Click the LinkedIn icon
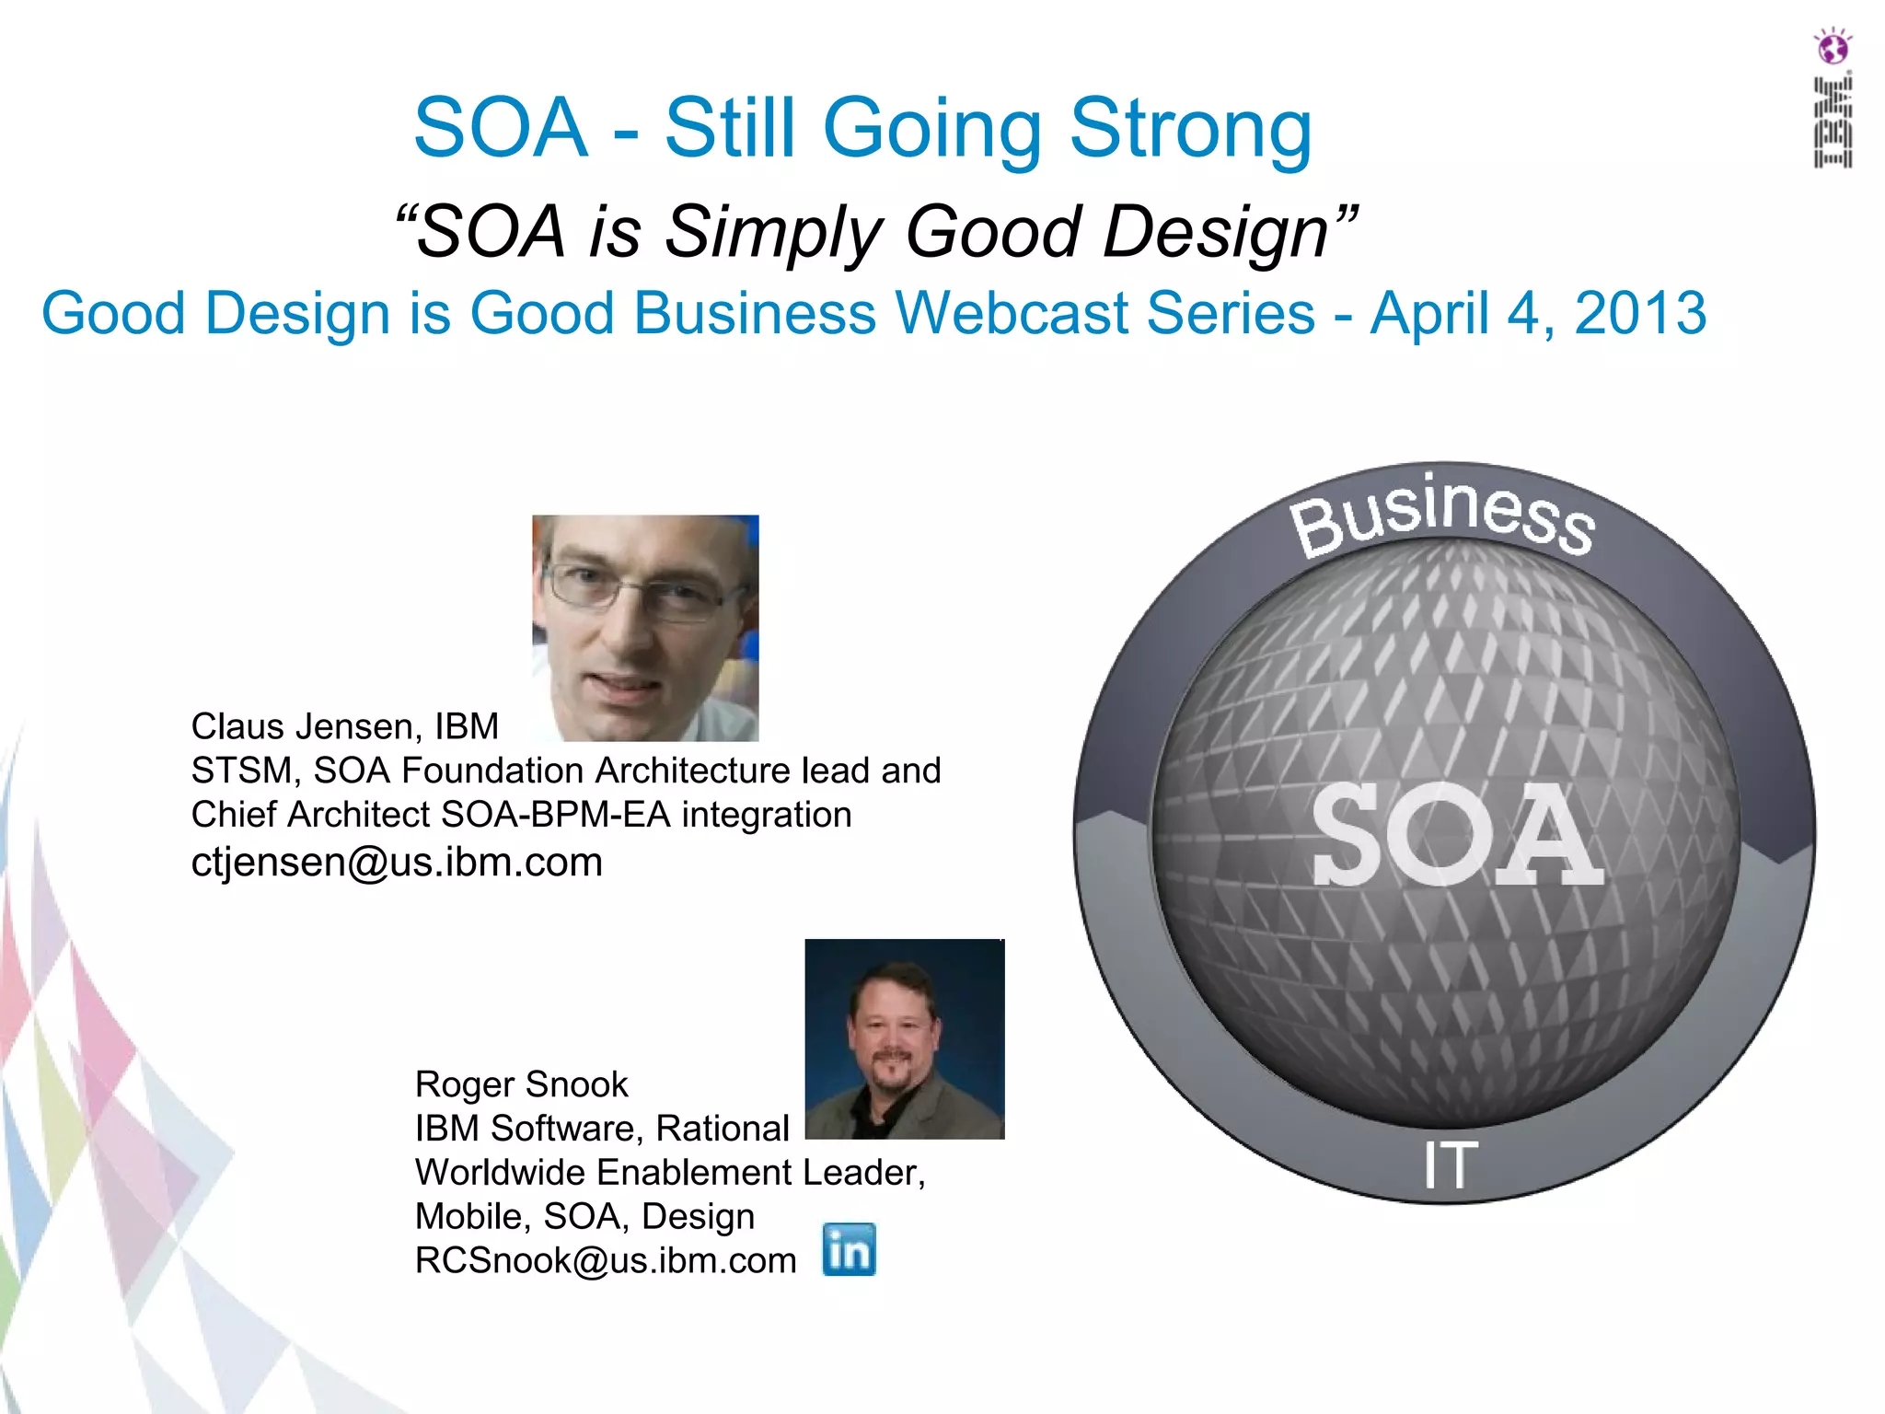tap(849, 1249)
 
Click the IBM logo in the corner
tap(1833, 122)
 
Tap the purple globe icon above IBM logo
tap(1833, 46)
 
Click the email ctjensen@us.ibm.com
tap(397, 863)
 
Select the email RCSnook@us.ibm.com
tap(606, 1260)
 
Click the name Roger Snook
tap(521, 1084)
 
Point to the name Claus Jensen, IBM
tap(344, 726)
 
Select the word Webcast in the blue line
tap(1012, 313)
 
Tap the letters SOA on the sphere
tap(1457, 836)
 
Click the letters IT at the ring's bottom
tap(1451, 1165)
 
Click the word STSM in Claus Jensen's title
tap(244, 771)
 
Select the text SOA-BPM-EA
tap(555, 815)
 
